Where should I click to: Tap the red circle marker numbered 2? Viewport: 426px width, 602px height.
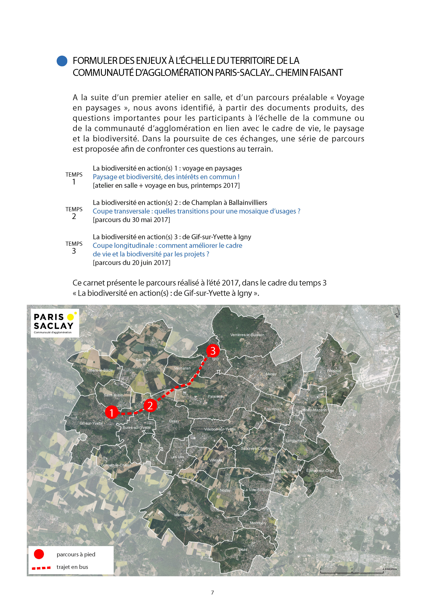pos(150,406)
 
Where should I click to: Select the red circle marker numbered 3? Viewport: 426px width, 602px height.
pos(213,351)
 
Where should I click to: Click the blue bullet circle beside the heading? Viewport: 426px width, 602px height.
pos(62,61)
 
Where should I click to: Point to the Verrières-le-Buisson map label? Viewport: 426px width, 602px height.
pos(247,335)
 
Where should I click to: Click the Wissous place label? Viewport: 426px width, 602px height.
pos(334,371)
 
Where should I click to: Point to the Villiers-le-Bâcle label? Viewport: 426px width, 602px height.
pos(100,370)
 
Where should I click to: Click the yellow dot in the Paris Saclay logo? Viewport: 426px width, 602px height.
pos(70,317)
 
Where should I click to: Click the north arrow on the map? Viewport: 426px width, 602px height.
pos(397,314)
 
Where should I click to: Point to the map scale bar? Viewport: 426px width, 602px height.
pos(352,572)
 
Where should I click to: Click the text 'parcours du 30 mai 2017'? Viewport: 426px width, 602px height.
pos(131,220)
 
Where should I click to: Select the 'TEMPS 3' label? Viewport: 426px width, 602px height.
pos(74,247)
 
